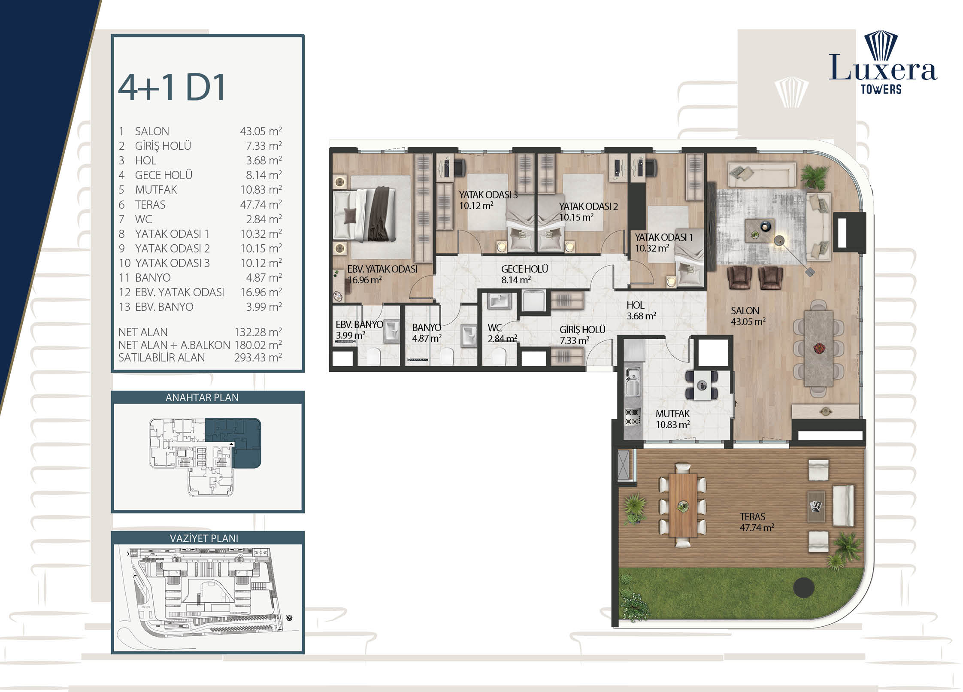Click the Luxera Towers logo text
click(x=883, y=73)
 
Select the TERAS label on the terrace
click(x=752, y=517)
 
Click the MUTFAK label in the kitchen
click(x=672, y=414)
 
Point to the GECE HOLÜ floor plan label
click(x=524, y=269)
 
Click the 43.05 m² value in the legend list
click(x=261, y=131)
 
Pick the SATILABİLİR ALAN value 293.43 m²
click(x=258, y=358)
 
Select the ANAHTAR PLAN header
click(x=202, y=398)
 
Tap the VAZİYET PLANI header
click(x=204, y=538)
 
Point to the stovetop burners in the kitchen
click(x=632, y=417)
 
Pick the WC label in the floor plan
click(x=494, y=328)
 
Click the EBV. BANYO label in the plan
click(x=359, y=325)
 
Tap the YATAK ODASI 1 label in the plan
click(x=663, y=237)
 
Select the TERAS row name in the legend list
click(x=150, y=205)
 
